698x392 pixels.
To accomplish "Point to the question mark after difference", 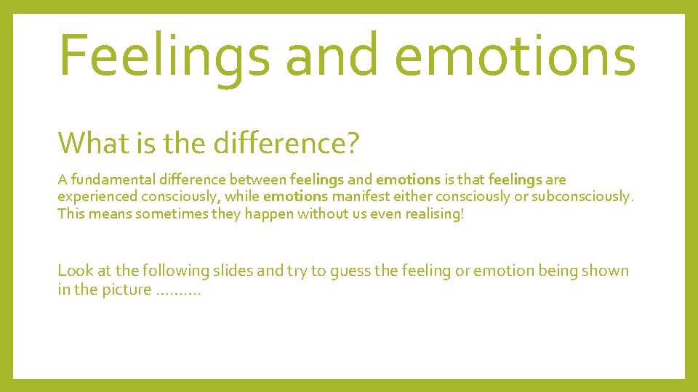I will point(352,143).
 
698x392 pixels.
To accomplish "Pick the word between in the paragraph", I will point(259,179).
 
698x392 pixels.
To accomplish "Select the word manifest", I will point(360,197).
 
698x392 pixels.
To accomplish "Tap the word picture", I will point(127,291).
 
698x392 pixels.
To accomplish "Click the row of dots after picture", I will point(178,293).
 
